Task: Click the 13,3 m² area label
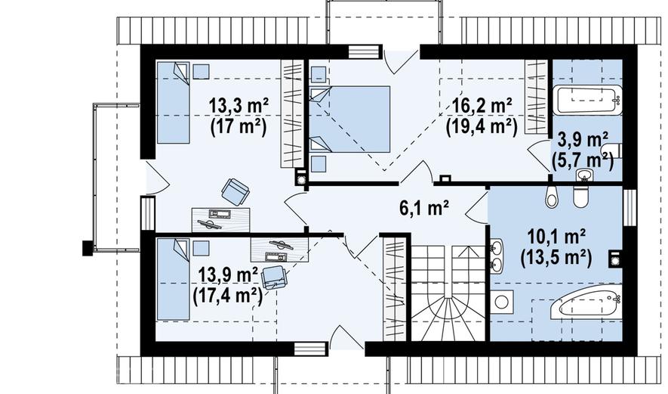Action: coord(239,105)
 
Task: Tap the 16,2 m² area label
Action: coord(482,105)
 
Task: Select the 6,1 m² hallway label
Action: coord(424,208)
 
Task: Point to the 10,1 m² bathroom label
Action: coord(556,236)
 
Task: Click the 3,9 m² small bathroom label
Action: coord(582,139)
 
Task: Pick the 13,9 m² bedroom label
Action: coord(229,275)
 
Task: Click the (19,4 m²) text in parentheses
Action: coord(482,127)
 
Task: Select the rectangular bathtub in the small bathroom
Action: coord(587,101)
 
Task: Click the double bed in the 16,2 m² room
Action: coord(349,119)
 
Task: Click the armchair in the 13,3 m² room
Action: coord(235,191)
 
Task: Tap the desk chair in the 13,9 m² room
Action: coord(274,278)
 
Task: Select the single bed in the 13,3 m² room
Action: coord(174,102)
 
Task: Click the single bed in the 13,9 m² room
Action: coord(173,279)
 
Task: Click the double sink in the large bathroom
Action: coord(497,256)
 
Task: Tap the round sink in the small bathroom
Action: coord(584,175)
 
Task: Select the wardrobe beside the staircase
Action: coord(395,290)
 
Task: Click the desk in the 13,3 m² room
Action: coord(220,219)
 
